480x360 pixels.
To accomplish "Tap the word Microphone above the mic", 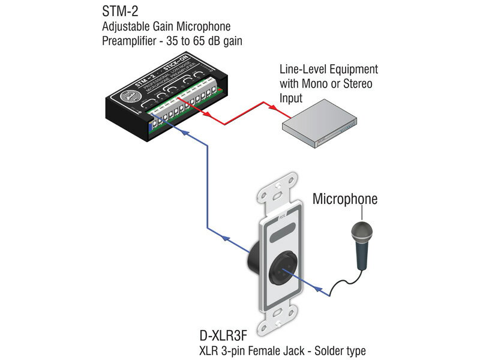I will point(344,199).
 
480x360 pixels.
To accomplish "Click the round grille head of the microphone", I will point(362,230).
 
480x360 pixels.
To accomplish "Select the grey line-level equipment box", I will point(320,128).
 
